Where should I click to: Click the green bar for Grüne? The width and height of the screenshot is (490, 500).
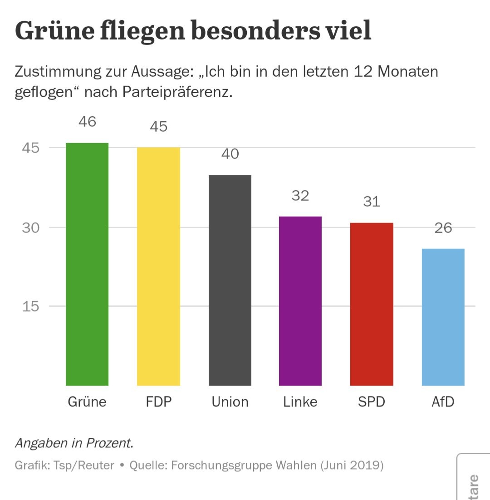[87, 264]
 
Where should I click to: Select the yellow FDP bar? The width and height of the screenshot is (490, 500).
[158, 267]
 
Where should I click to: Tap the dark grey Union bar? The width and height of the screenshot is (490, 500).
[230, 280]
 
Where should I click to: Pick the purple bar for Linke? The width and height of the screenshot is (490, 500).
[300, 301]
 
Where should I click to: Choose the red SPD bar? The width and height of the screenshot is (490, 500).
[372, 304]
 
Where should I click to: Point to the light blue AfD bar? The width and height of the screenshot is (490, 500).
[443, 317]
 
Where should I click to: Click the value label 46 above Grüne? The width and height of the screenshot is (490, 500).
[87, 122]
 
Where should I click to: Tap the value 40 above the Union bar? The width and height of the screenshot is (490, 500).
[230, 154]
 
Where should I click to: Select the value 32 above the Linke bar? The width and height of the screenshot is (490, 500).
[300, 195]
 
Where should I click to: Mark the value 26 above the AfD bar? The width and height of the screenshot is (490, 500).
[443, 228]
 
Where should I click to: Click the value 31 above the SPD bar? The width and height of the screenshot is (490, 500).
[372, 201]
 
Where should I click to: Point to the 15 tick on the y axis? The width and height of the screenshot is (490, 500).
[31, 306]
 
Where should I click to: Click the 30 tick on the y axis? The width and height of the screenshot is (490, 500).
[31, 228]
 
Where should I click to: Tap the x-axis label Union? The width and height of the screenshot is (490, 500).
[230, 402]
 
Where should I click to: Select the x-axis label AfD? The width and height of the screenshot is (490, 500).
[443, 402]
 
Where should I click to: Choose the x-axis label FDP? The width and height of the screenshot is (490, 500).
[159, 402]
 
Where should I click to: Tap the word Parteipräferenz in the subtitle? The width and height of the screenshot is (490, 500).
[177, 92]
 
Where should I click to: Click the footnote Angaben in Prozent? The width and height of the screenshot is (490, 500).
[74, 443]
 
